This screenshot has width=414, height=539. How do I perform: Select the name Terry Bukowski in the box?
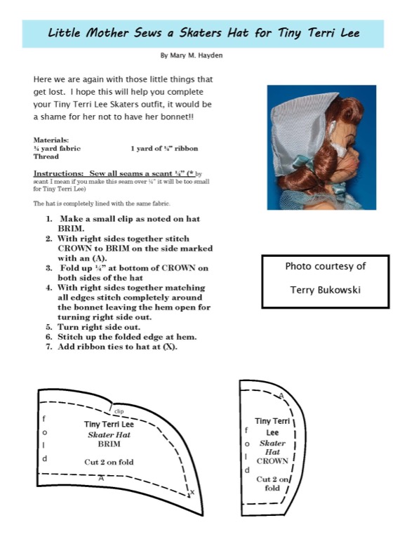(326, 290)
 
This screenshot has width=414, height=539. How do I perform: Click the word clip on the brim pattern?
(119, 411)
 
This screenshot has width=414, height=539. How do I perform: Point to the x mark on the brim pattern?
(192, 492)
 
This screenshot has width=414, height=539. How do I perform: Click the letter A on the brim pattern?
(101, 478)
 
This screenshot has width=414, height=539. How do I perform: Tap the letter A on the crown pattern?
(281, 396)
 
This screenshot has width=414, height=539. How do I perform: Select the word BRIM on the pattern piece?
(109, 444)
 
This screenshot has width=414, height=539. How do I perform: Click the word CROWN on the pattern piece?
(272, 461)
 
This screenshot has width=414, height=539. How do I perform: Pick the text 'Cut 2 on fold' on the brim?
(109, 462)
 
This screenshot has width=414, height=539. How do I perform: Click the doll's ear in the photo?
(332, 128)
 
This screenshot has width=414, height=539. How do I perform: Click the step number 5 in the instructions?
(49, 327)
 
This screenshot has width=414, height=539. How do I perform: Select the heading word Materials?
(51, 140)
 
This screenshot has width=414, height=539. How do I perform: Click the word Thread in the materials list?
(46, 157)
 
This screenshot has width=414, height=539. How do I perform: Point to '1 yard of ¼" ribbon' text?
(164, 149)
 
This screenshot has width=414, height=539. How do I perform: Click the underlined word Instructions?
(58, 173)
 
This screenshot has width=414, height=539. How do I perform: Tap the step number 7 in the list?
(49, 347)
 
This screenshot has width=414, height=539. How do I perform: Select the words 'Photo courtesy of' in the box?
(326, 267)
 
